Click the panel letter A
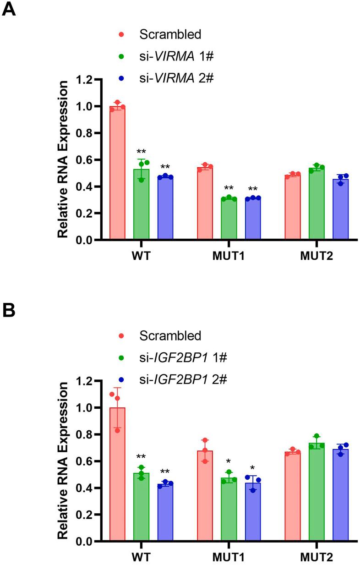click(9, 9)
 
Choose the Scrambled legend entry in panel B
click(170, 336)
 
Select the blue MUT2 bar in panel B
click(340, 495)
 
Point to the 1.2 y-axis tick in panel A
click(85, 80)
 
